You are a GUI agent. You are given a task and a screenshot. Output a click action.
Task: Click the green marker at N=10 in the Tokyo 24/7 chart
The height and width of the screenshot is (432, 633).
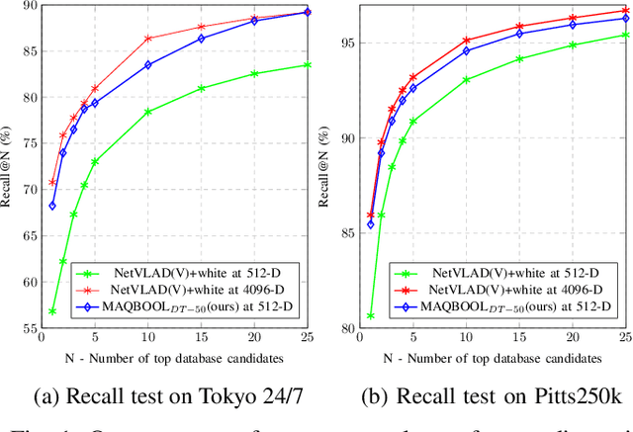pos(148,112)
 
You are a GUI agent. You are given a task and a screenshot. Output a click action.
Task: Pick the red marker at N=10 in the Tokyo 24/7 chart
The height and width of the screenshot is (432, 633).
pos(148,39)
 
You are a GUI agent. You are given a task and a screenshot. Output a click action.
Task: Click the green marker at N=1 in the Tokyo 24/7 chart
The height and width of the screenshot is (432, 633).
pos(52,311)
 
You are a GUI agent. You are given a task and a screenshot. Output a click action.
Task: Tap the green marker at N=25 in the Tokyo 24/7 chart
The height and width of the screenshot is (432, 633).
pos(308,65)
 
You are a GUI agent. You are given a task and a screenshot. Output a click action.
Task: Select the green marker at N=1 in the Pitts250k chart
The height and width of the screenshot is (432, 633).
pos(371,316)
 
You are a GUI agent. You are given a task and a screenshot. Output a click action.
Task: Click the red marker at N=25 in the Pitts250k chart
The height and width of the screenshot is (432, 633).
pos(625,11)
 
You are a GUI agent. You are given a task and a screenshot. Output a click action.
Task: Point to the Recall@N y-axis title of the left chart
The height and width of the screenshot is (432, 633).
pos(7,167)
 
